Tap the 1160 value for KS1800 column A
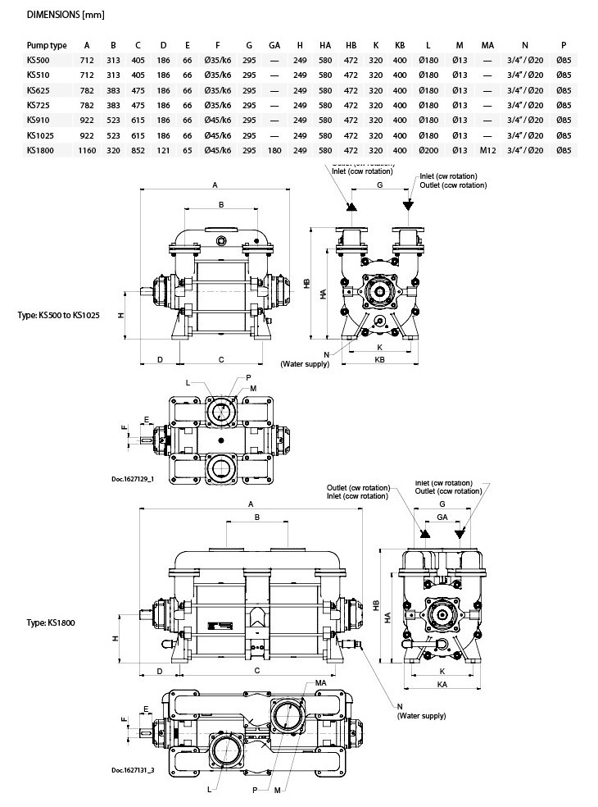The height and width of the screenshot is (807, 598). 87,150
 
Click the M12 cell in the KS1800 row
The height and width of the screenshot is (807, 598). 487,150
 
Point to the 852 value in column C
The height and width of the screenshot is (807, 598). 138,150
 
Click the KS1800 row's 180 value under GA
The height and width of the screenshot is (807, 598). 274,150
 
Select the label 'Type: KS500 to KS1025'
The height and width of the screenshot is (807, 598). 58,315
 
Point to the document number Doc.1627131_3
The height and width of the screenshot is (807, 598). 132,769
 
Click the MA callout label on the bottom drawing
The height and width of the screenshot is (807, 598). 320,683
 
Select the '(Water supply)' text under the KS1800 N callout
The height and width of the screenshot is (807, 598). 422,716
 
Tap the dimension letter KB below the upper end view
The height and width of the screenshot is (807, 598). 379,359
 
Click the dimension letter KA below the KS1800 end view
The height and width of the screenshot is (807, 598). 442,682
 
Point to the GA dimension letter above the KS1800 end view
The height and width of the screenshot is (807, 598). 442,517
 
